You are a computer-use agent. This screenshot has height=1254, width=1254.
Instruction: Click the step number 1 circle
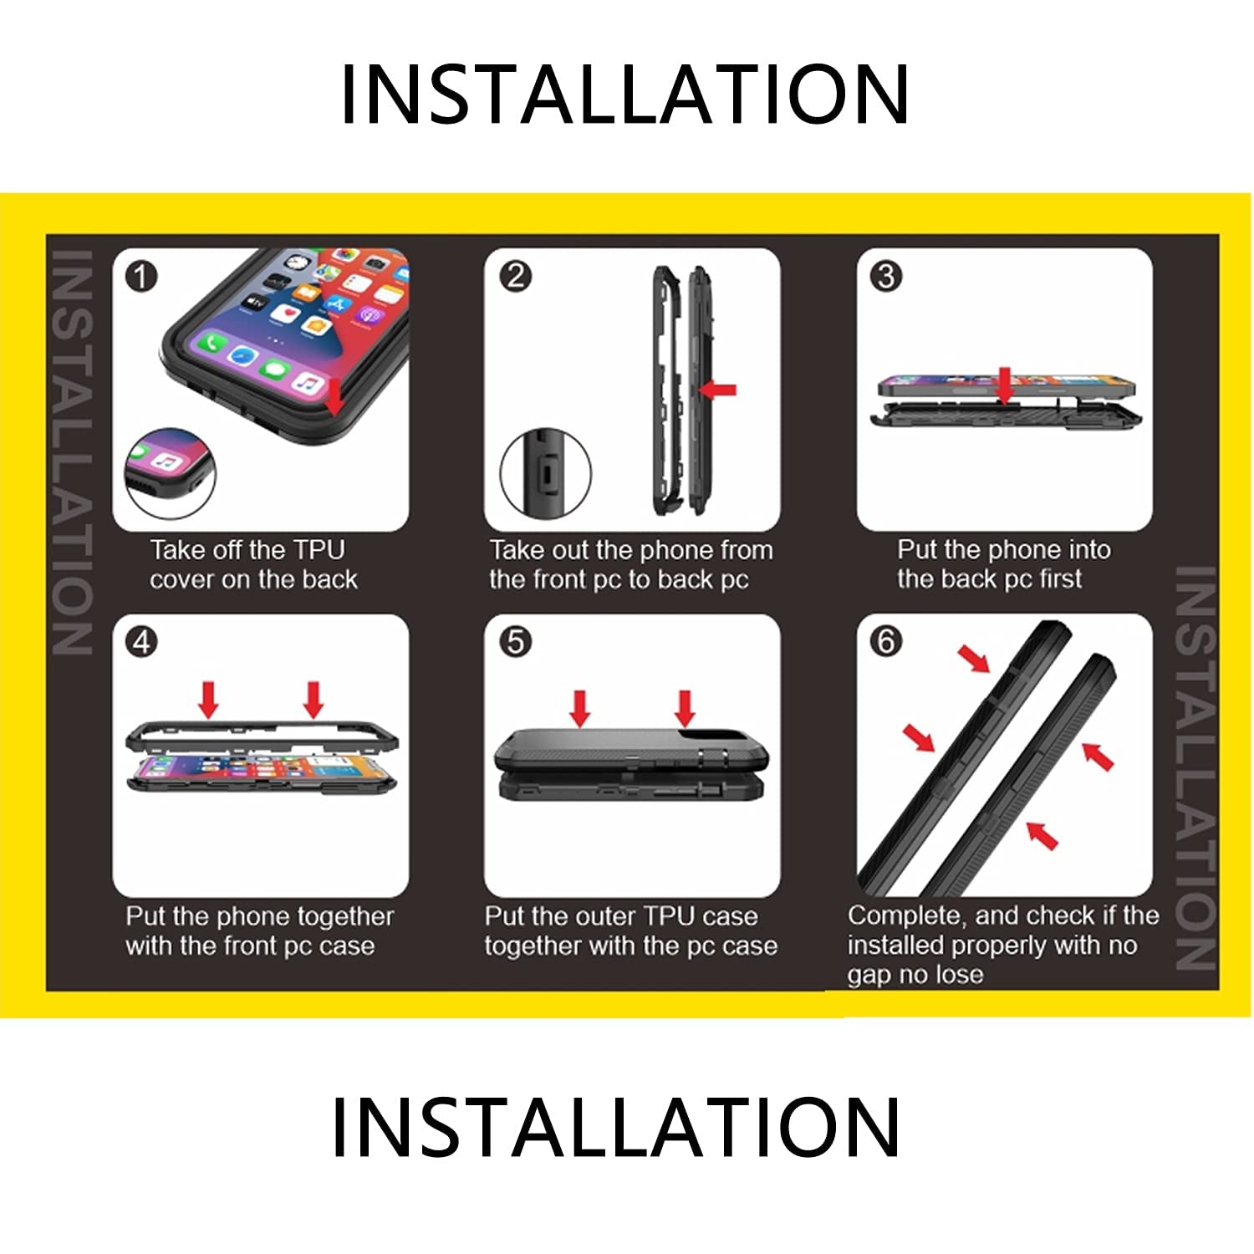click(x=141, y=276)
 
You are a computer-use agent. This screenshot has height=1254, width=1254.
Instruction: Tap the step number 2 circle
click(x=515, y=276)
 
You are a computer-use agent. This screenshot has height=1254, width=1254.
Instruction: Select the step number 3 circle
click(x=887, y=276)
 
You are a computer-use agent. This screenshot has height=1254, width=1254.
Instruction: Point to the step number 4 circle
click(x=141, y=642)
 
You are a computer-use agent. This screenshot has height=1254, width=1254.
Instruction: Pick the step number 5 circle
click(x=515, y=642)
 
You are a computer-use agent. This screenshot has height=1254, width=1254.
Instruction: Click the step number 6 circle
click(x=887, y=642)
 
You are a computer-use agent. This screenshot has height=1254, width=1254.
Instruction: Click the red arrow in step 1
click(x=334, y=395)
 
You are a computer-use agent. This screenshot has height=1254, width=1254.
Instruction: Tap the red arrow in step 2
click(x=717, y=390)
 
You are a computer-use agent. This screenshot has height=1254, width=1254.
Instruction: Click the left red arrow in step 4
click(x=208, y=699)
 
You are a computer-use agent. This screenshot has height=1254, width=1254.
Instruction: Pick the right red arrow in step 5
click(x=686, y=708)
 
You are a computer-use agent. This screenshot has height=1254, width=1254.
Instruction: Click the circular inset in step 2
click(x=545, y=473)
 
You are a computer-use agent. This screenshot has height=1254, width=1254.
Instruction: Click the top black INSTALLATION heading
click(x=625, y=94)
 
